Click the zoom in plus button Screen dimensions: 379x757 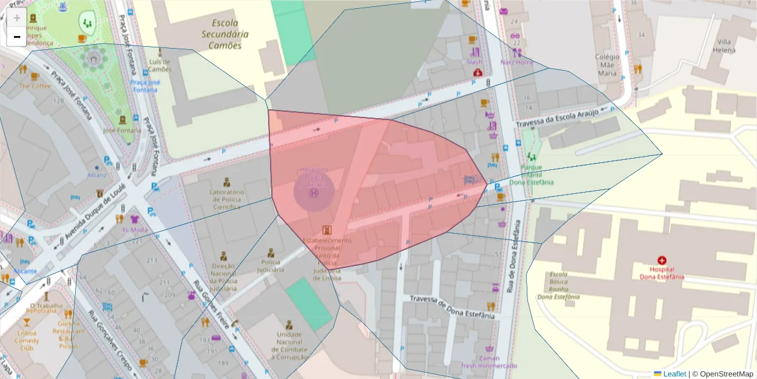click(16, 18)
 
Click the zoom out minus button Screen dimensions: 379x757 click(16, 37)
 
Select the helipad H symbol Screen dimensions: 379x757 click(314, 193)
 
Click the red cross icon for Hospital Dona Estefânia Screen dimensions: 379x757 click(662, 260)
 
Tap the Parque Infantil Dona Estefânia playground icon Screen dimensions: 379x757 click(531, 156)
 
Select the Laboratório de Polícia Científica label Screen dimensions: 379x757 click(226, 199)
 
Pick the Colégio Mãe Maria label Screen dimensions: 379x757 click(607, 64)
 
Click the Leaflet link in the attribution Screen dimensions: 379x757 click(674, 374)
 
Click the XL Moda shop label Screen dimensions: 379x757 click(134, 230)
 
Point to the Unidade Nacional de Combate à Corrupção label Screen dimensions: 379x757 click(290, 346)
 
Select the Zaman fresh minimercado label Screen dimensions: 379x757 click(489, 361)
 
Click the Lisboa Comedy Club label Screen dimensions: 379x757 click(26, 340)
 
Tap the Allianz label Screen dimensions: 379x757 click(97, 174)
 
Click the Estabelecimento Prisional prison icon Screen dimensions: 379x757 click(326, 231)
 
